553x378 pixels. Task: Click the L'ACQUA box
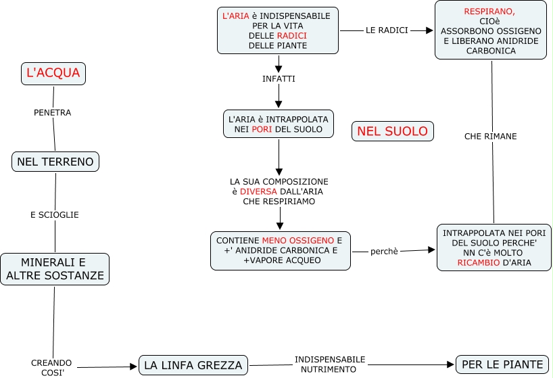pyautogui.click(x=53, y=73)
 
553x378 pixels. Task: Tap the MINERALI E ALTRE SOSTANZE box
pyautogui.click(x=55, y=269)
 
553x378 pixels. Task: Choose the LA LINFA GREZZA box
pyautogui.click(x=193, y=365)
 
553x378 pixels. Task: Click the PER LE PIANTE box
pyautogui.click(x=502, y=364)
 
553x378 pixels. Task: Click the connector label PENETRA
pyautogui.click(x=53, y=113)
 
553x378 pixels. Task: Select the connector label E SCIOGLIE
pyautogui.click(x=55, y=215)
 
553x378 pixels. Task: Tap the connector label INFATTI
pyautogui.click(x=279, y=79)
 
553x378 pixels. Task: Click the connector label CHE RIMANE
pyautogui.click(x=491, y=137)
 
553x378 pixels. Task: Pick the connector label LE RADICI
pyautogui.click(x=387, y=30)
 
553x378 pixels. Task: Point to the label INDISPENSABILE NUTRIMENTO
pyautogui.click(x=330, y=364)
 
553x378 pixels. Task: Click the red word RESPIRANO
pyautogui.click(x=489, y=12)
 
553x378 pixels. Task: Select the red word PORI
pyautogui.click(x=262, y=129)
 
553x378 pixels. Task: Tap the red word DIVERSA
pyautogui.click(x=258, y=191)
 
